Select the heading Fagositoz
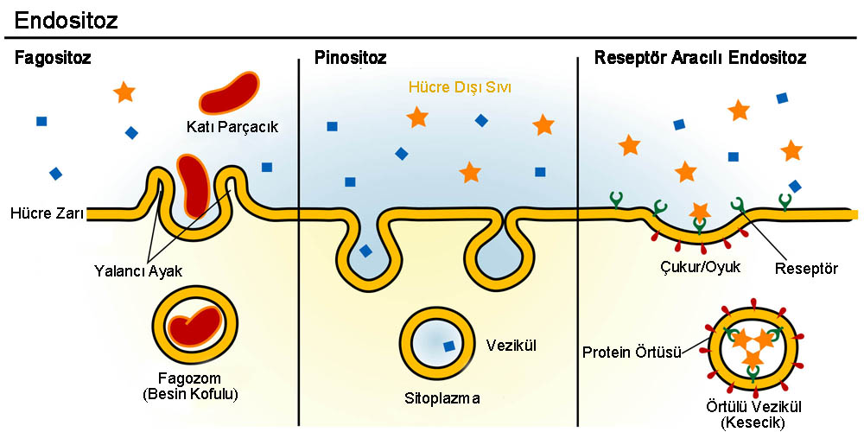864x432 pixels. click(53, 59)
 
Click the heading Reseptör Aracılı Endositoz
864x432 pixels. click(700, 59)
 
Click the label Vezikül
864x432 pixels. click(513, 345)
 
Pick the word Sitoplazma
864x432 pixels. click(442, 398)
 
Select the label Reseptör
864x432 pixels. click(805, 267)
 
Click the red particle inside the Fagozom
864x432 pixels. click(194, 327)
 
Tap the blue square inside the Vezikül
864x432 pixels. click(448, 346)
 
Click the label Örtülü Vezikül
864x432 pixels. click(753, 407)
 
